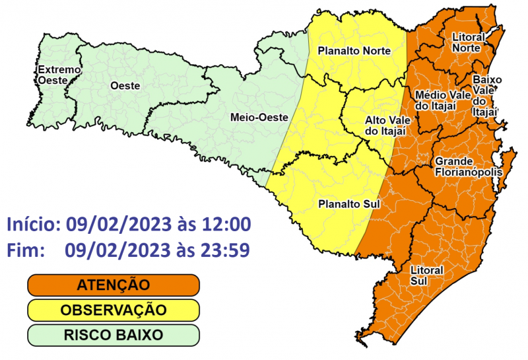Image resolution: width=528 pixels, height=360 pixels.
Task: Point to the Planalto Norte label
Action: (354, 50)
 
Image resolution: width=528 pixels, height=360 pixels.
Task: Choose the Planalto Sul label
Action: (348, 203)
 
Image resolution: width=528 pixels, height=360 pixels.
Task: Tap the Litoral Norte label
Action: (468, 42)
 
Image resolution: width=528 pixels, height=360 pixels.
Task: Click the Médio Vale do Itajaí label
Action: (442, 99)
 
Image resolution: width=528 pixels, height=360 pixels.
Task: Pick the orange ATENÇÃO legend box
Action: (113, 285)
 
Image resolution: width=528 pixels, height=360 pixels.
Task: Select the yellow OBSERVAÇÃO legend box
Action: (113, 310)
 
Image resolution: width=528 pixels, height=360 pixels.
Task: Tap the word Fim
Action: (25, 250)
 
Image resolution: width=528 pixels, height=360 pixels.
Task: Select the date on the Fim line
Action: (115, 250)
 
